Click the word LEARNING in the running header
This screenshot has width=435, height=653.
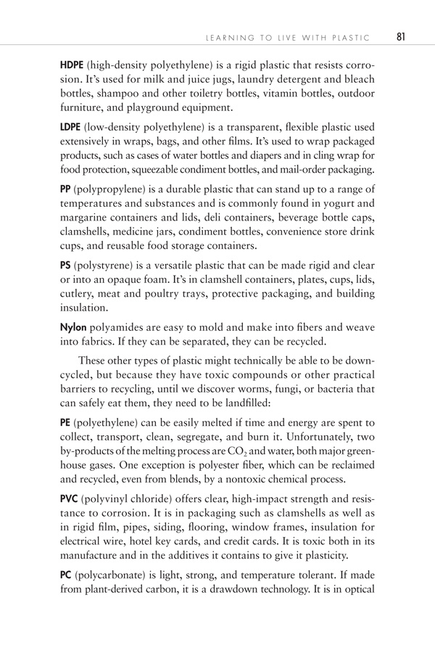click(x=227, y=38)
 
